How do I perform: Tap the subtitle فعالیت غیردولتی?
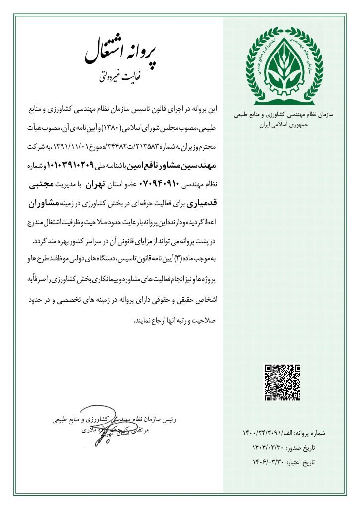[x=114, y=77]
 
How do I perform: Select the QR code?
[x=282, y=382]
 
